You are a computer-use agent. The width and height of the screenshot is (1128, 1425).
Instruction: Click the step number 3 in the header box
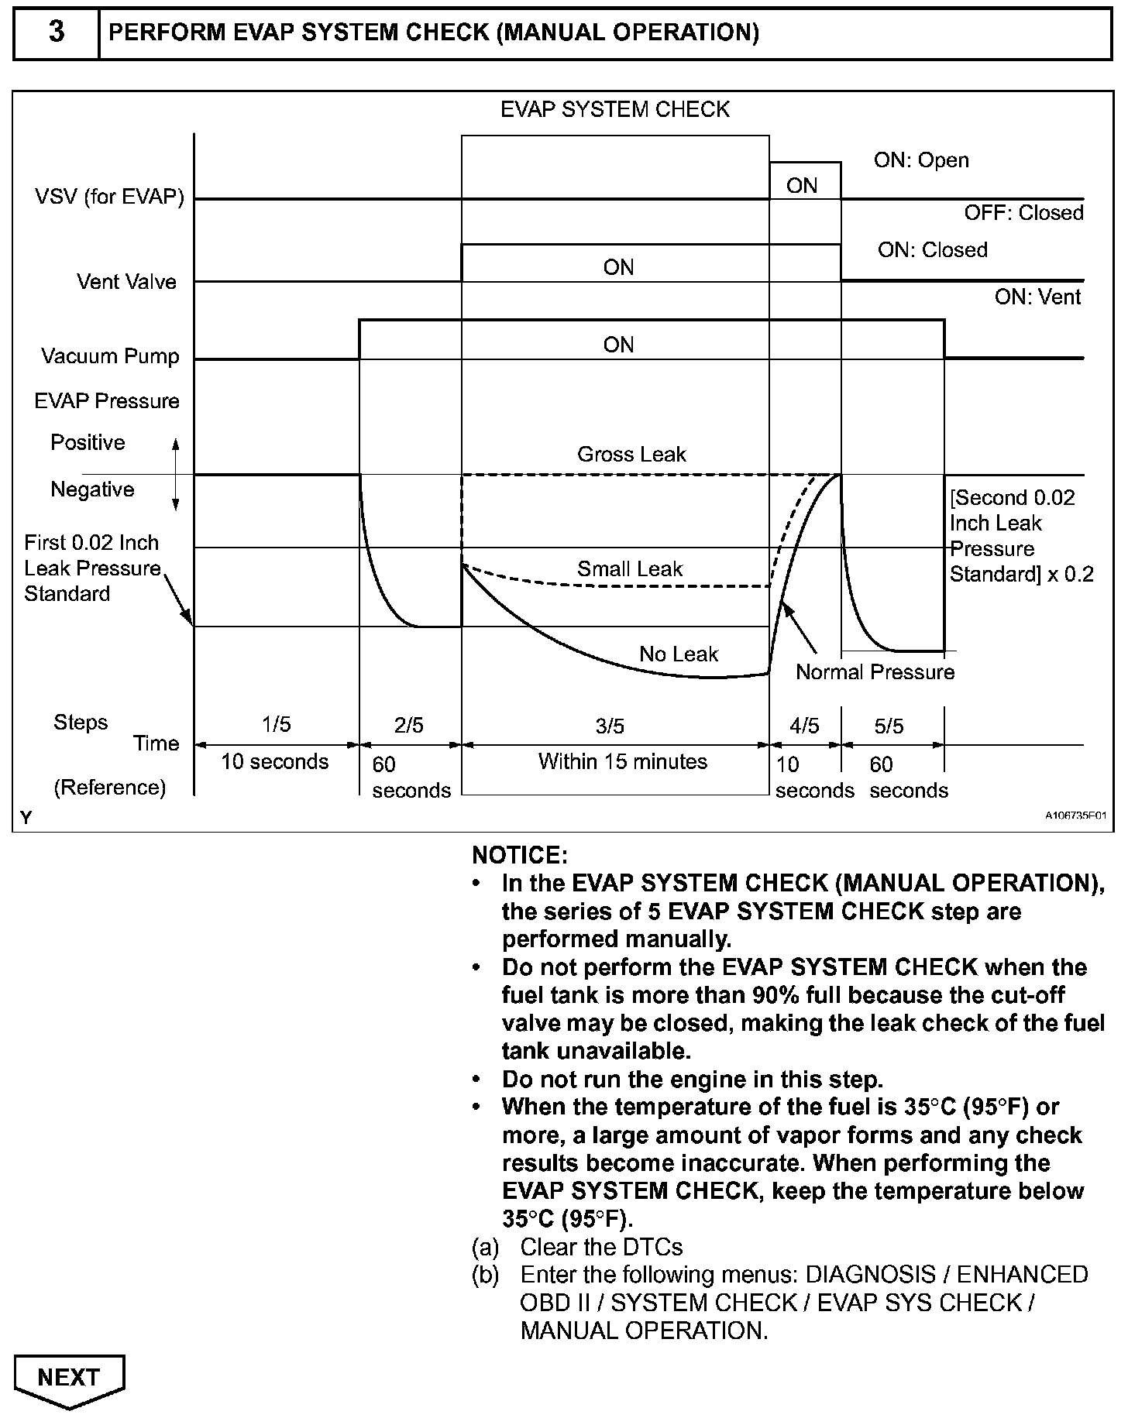point(56,33)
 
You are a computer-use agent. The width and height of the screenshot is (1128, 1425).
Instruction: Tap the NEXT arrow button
point(69,1379)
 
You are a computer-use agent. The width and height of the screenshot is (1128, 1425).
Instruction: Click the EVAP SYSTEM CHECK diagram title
point(615,109)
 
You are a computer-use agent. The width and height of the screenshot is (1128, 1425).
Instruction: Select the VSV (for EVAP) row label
point(109,197)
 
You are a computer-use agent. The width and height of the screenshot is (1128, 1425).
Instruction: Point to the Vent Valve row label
point(126,282)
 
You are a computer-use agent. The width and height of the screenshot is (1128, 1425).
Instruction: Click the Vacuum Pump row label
point(110,356)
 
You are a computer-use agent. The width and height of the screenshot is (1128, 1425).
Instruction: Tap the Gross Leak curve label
point(631,455)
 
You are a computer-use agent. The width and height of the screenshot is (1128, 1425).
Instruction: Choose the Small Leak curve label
point(629,569)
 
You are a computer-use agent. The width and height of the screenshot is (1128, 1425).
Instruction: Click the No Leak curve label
point(679,654)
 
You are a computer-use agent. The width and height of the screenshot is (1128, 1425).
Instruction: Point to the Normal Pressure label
point(875,672)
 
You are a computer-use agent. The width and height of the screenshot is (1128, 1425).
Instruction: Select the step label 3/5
point(610,726)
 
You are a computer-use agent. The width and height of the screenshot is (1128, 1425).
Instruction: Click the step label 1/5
point(276,724)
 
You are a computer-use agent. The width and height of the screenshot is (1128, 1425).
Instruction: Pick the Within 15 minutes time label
point(623,762)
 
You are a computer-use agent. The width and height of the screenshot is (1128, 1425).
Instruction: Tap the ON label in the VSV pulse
point(802,186)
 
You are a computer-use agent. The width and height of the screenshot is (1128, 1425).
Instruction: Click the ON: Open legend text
point(921,160)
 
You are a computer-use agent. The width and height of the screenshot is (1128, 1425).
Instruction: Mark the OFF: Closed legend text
point(1023,213)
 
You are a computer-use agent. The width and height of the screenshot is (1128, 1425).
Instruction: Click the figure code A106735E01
point(1075,816)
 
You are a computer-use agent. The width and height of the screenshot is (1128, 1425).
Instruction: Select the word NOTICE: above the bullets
point(520,856)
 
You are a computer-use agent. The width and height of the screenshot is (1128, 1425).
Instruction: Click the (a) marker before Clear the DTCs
point(485,1248)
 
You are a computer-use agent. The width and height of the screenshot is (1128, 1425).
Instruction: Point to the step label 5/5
point(889,726)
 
